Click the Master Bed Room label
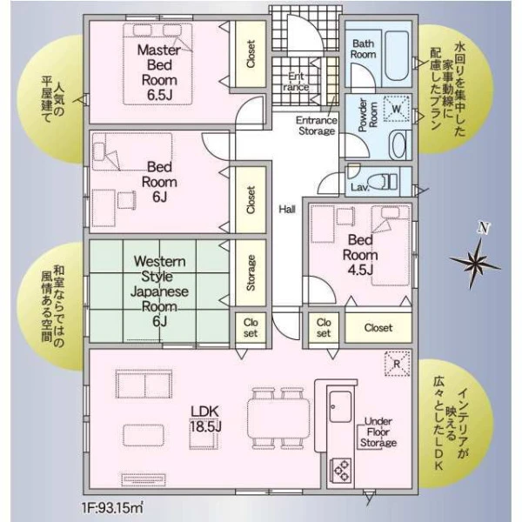[x=159, y=72]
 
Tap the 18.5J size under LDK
[x=205, y=426]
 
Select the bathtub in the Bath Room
[x=398, y=56]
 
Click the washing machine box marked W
[x=396, y=109]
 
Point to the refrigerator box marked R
[x=397, y=364]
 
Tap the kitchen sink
[x=340, y=406]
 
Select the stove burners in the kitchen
[x=340, y=470]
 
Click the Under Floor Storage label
[x=378, y=432]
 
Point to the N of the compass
[x=485, y=228]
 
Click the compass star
[x=474, y=263]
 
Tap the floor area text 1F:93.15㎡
[x=113, y=508]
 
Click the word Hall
[x=287, y=210]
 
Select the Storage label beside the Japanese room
[x=251, y=272]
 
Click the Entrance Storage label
[x=317, y=125]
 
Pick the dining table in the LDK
[x=279, y=418]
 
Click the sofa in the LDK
[x=144, y=384]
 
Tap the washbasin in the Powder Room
[x=398, y=144]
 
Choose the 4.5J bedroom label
[x=360, y=255]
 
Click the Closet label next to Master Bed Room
[x=251, y=54]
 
